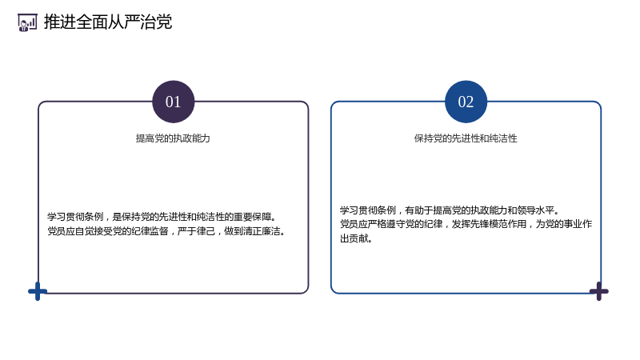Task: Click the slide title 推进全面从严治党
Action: (x=108, y=22)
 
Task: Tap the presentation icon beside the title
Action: (x=27, y=22)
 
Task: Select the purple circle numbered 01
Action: (x=173, y=102)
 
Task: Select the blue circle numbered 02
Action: (x=466, y=102)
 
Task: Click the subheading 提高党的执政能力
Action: (x=173, y=138)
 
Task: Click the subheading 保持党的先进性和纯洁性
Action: (x=466, y=138)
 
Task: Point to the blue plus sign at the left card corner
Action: (x=38, y=291)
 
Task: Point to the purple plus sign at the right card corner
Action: (x=598, y=291)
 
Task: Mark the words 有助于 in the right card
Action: (x=418, y=210)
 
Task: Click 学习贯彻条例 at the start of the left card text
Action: (x=75, y=217)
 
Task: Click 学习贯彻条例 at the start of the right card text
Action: (x=368, y=210)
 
